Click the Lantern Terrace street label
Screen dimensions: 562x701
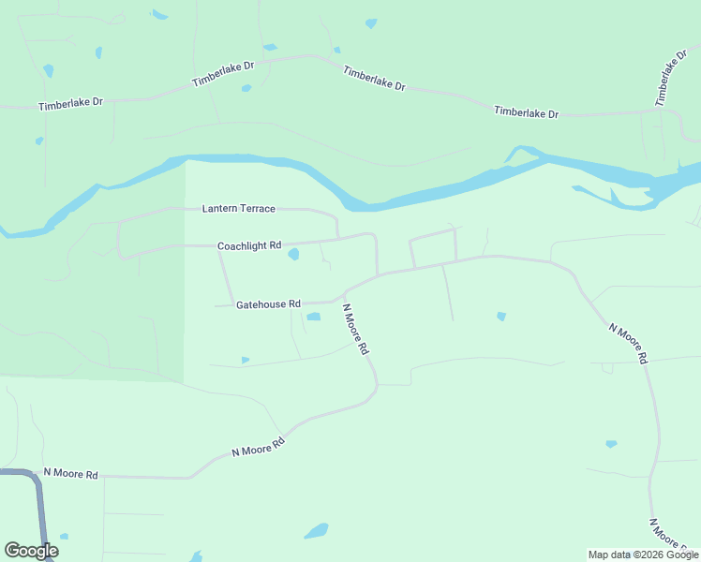(240, 208)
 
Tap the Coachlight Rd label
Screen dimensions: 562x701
(249, 246)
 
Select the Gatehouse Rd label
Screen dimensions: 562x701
(268, 304)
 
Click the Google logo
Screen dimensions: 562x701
(31, 551)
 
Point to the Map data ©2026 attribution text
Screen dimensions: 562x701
(643, 555)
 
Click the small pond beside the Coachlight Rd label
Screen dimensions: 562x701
(293, 254)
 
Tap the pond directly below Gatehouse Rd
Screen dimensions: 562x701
(313, 317)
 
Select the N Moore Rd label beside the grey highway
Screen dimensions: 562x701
(70, 475)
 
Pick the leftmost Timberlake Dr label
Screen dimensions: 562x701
(70, 104)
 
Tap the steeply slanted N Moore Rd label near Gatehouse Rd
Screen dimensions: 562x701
(355, 329)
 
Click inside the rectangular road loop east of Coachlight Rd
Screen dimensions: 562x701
(433, 249)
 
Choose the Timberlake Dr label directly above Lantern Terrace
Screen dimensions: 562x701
(223, 75)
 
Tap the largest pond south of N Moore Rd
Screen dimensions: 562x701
(317, 531)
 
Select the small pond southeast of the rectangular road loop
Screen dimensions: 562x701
(501, 317)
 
